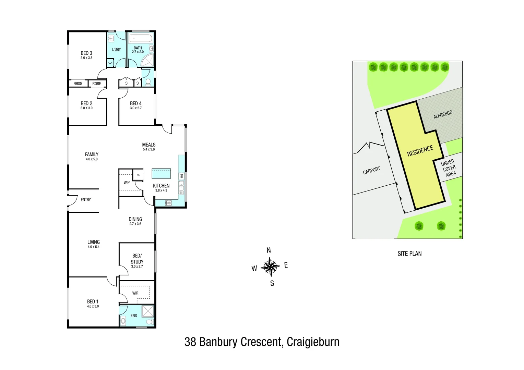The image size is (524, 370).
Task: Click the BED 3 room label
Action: point(86,53)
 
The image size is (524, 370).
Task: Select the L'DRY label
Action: point(116,49)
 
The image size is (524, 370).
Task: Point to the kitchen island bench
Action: point(161,173)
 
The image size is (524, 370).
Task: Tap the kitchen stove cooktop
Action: point(168,203)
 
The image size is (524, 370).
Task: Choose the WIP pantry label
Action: point(127,183)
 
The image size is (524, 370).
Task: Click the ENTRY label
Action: point(86,200)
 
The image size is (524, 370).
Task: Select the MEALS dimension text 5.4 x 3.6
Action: point(149,149)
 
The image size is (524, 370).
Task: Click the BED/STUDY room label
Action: point(137,259)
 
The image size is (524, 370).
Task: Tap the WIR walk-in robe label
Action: point(135,293)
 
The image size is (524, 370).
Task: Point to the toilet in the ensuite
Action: point(149,322)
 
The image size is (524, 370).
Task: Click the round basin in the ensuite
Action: point(123,322)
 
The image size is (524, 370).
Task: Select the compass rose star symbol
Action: point(270,267)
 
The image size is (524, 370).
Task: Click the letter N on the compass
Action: point(269,250)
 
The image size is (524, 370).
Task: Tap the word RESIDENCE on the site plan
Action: point(420,151)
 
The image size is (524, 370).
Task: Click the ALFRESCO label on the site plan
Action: point(443,115)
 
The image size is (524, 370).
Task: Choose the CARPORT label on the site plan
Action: point(371,170)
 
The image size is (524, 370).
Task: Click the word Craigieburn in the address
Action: point(313,342)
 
